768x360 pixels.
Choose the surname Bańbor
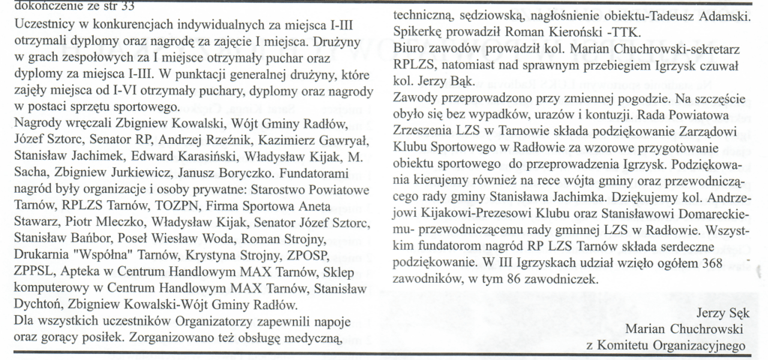pos(89,238)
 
